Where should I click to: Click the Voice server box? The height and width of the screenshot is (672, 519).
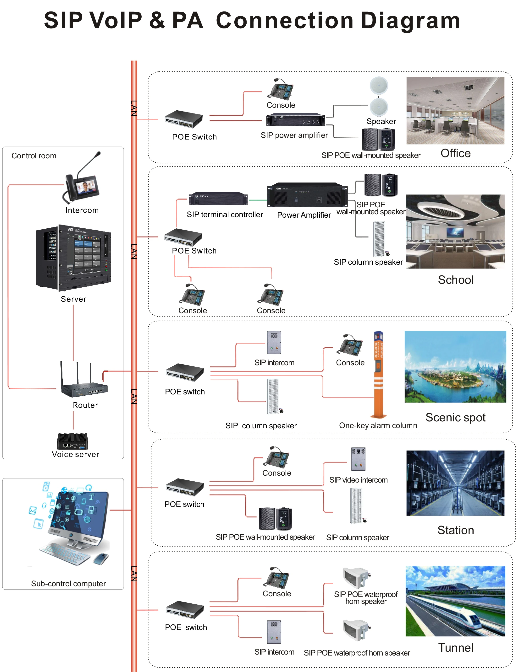pyautogui.click(x=73, y=441)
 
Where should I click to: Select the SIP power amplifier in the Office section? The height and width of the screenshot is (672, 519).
pyautogui.click(x=295, y=120)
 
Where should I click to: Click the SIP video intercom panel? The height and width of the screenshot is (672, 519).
pyautogui.click(x=358, y=459)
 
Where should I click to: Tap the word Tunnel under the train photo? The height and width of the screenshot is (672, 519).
pyautogui.click(x=456, y=648)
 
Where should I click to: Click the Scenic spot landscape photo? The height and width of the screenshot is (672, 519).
pyautogui.click(x=455, y=366)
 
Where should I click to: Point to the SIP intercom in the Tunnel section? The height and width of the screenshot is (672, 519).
pyautogui.click(x=274, y=632)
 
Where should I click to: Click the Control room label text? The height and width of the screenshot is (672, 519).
pyautogui.click(x=34, y=156)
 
